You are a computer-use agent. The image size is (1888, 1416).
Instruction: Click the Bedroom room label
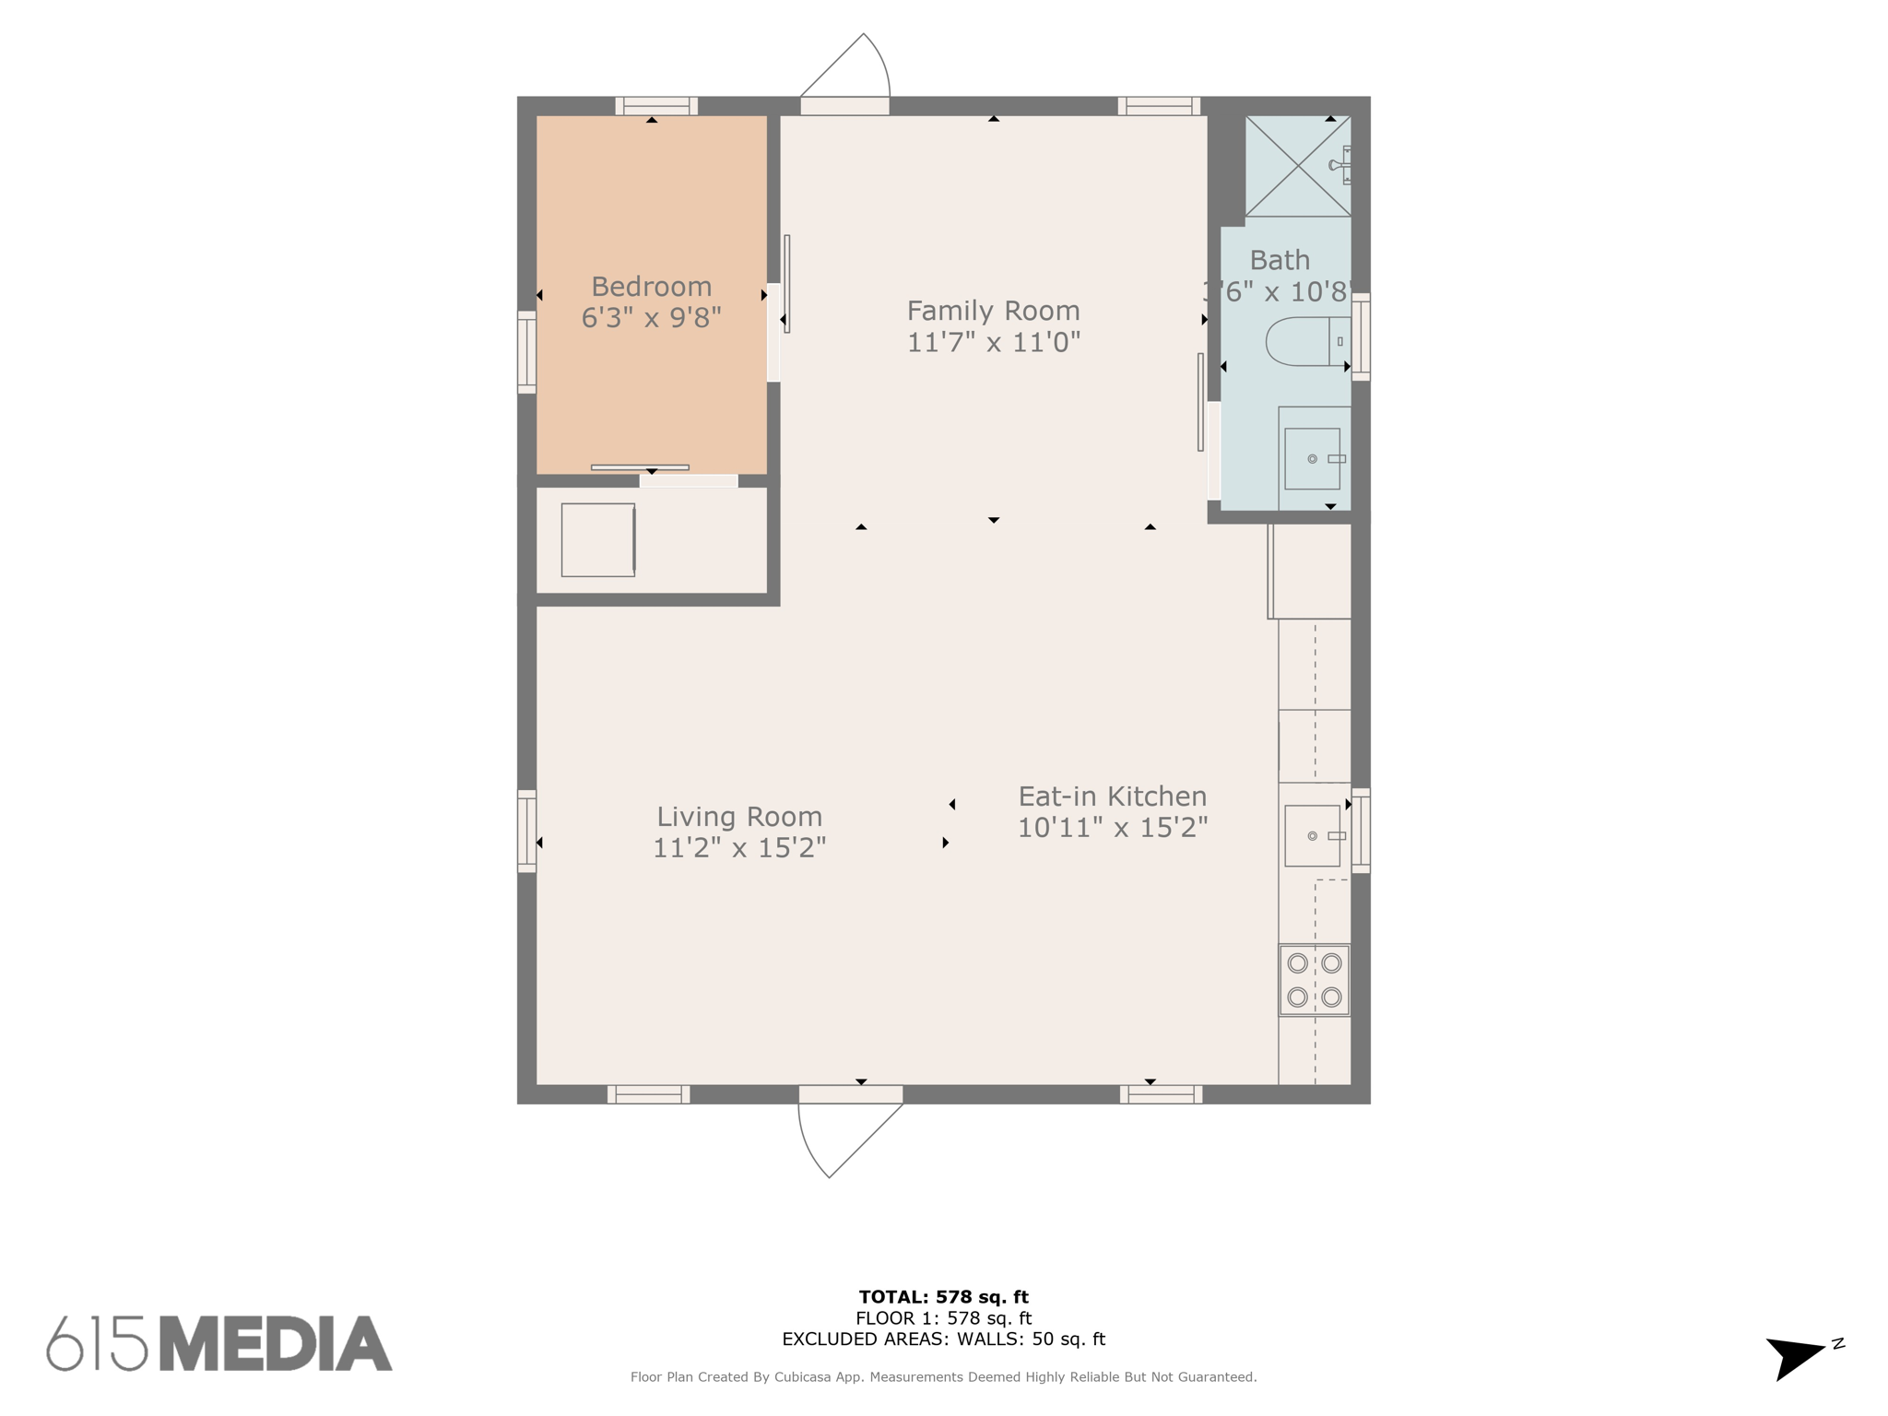point(651,287)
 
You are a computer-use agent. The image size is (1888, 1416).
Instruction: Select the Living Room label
point(738,817)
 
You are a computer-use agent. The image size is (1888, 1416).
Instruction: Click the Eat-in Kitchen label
point(1112,796)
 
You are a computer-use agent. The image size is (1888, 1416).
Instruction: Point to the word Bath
point(1280,261)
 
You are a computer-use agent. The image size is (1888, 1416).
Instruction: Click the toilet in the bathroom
point(1304,341)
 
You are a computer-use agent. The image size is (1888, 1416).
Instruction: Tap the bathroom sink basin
point(1312,458)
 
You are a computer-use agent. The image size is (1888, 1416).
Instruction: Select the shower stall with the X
point(1297,166)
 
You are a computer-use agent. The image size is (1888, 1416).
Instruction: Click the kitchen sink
point(1312,835)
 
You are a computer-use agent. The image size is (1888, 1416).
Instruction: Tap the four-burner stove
point(1314,980)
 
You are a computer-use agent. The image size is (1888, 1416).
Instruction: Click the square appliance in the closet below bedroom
point(597,540)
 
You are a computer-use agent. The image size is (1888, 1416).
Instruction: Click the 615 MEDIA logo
point(219,1343)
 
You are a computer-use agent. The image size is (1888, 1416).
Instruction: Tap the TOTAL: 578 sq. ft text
point(943,1297)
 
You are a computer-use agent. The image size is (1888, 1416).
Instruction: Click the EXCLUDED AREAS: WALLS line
point(943,1339)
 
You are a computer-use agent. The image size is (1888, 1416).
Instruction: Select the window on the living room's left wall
point(526,831)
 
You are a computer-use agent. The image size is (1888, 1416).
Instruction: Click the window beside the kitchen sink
point(1361,831)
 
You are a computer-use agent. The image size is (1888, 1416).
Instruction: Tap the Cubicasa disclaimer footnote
point(943,1377)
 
